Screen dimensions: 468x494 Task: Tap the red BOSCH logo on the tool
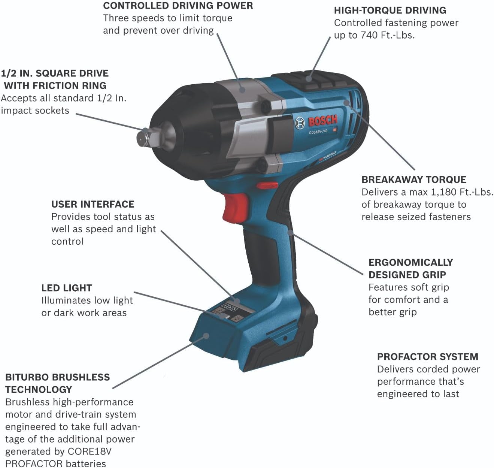pos(322,120)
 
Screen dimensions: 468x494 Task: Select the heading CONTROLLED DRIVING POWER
pos(178,6)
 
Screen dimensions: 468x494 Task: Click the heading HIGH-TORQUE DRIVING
pos(390,10)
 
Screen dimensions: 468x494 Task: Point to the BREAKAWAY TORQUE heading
pos(413,179)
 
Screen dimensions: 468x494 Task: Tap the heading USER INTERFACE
pos(93,204)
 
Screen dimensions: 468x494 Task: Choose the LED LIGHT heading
pos(66,288)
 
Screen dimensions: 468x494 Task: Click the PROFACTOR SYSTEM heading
pos(427,357)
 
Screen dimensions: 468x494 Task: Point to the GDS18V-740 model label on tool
pos(318,132)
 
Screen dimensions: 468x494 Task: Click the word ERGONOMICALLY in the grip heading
pos(410,262)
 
